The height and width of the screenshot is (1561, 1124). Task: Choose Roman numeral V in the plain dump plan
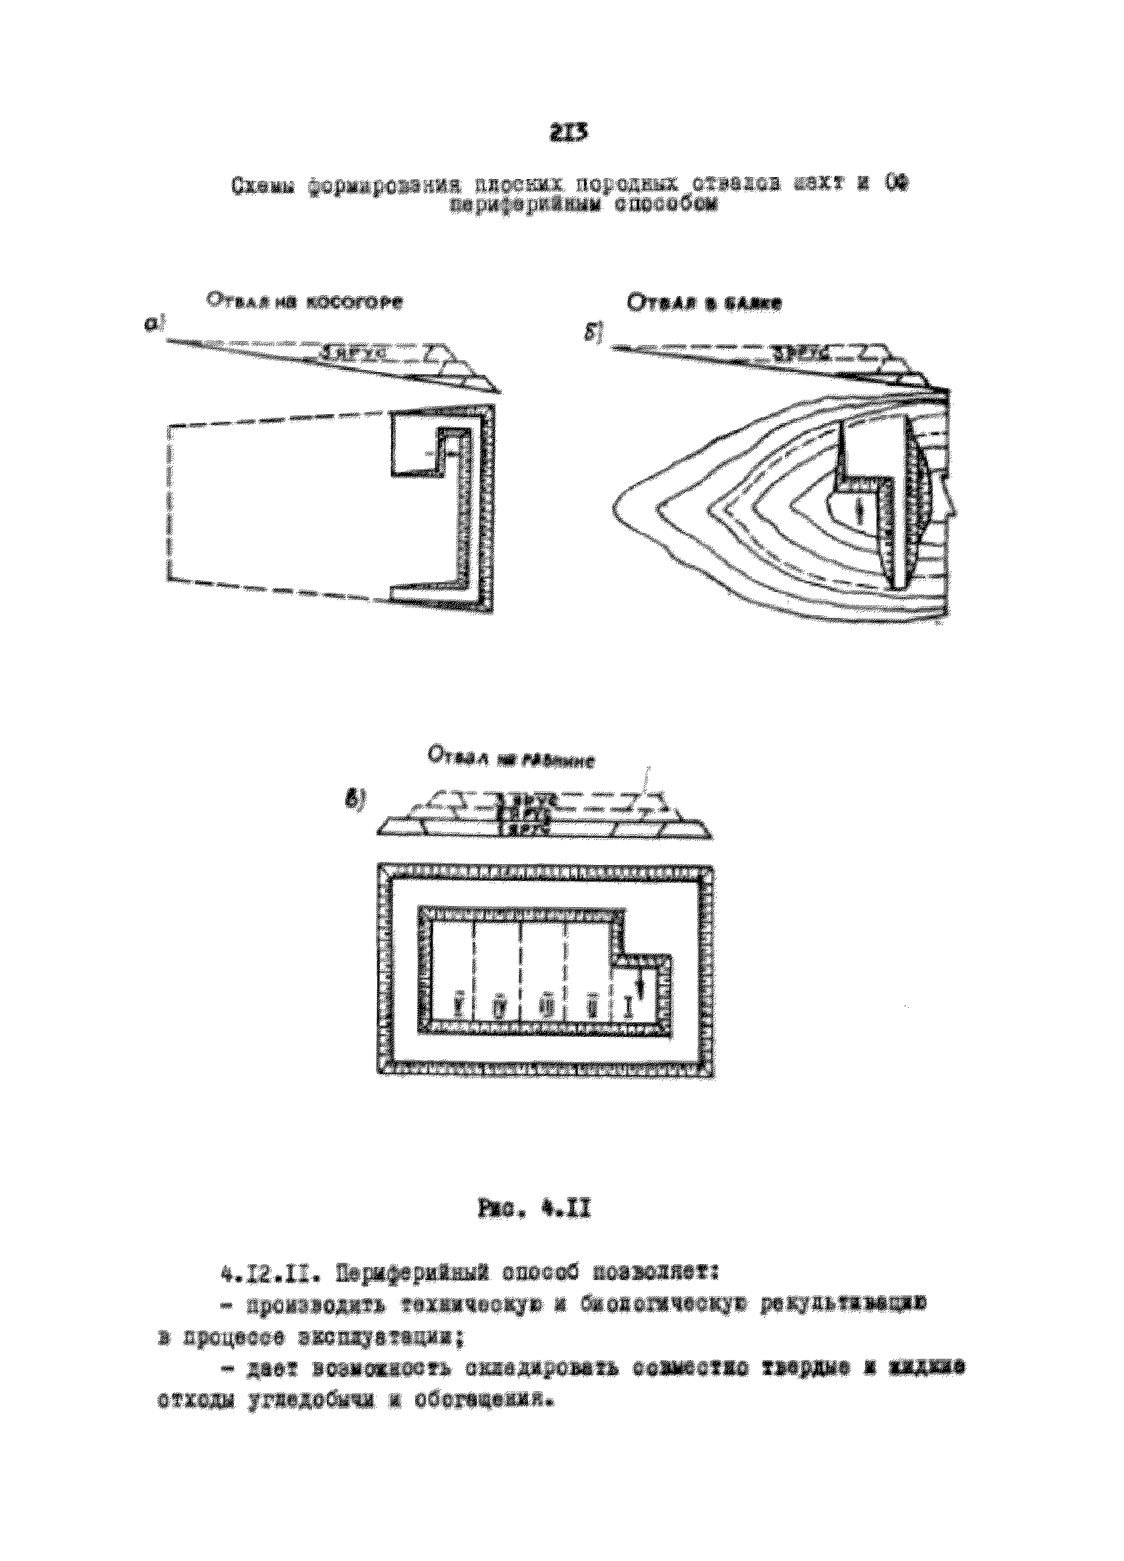(x=459, y=1006)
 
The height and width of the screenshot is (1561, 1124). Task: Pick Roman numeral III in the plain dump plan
(x=547, y=1006)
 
